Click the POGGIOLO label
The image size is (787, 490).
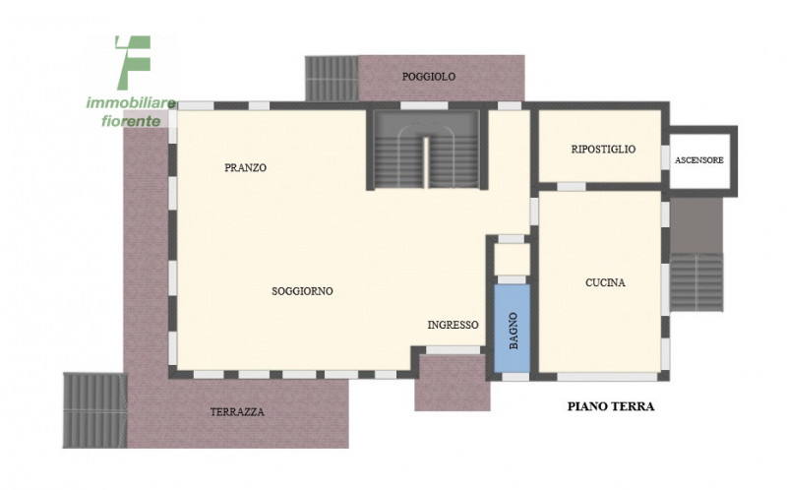[429, 77]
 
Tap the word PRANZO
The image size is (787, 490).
[245, 167]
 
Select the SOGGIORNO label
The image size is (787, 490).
[302, 291]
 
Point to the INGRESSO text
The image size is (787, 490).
[453, 325]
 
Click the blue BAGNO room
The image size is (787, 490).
[512, 329]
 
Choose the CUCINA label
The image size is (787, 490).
[605, 282]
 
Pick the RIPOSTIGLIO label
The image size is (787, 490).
[603, 150]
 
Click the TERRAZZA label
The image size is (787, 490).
[237, 412]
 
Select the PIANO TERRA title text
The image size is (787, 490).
[611, 406]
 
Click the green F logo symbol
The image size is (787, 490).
[134, 63]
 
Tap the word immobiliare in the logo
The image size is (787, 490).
[131, 103]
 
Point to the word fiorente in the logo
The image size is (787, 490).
[131, 121]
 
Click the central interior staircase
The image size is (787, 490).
[427, 150]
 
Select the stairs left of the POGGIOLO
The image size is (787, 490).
[332, 79]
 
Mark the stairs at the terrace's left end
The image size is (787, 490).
[94, 410]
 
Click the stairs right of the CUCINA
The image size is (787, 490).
[696, 282]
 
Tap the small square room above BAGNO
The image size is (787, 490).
[512, 260]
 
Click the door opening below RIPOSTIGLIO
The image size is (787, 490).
[572, 187]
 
